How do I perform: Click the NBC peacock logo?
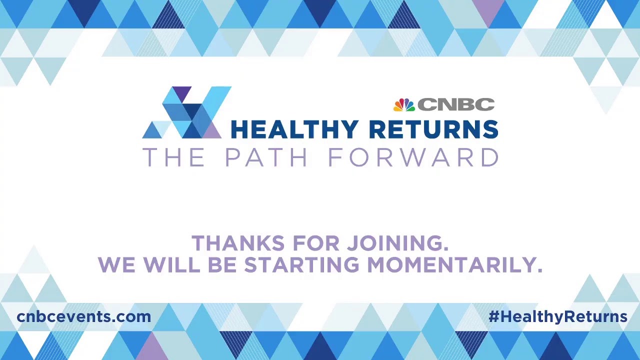pos(404,104)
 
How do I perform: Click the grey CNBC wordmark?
pos(456,104)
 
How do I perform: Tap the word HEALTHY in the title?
pos(294,129)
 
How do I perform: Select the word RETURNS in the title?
pos(433,129)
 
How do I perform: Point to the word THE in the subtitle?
pos(173,157)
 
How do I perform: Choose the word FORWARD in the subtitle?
pos(413,157)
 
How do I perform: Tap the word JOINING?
pos(397,243)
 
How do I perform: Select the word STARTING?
pos(301,265)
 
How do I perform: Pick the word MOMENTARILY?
pos(454,265)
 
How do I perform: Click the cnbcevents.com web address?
pos(83,316)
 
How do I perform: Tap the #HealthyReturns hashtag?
pos(557,316)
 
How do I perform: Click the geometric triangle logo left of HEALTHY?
pos(186,113)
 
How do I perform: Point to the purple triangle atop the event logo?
pos(181,93)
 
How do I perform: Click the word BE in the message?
pos(222,265)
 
